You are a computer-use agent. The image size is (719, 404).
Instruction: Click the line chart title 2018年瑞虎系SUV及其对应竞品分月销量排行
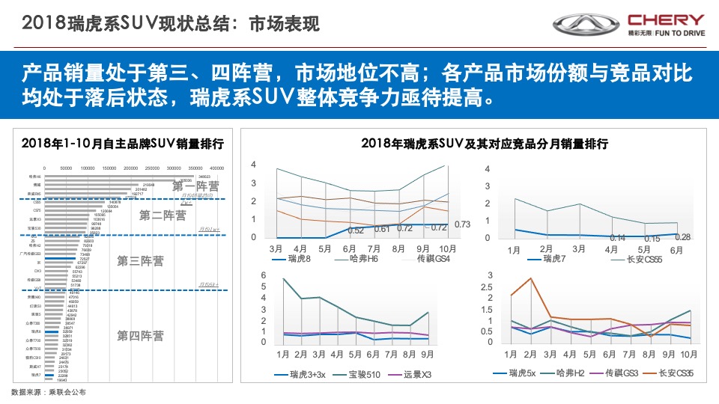484,143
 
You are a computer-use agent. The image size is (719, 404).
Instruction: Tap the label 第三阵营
140,261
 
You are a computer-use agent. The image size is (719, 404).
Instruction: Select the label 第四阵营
140,336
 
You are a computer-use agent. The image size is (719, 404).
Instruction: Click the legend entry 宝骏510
363,373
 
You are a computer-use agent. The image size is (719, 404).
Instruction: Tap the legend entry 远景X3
421,373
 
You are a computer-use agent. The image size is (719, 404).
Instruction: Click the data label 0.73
462,224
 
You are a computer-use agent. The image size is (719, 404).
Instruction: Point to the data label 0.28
682,237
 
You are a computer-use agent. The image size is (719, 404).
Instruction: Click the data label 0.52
356,230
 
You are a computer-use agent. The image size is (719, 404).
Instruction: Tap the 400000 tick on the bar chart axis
217,168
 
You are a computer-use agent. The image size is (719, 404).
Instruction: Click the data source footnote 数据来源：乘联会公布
49,392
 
